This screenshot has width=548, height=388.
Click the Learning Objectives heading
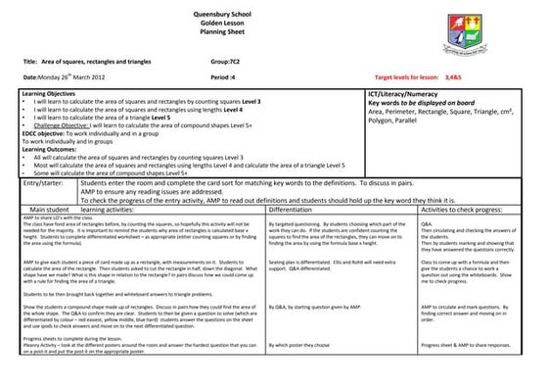pyautogui.click(x=48, y=91)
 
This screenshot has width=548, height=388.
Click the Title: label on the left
pyautogui.click(x=28, y=60)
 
